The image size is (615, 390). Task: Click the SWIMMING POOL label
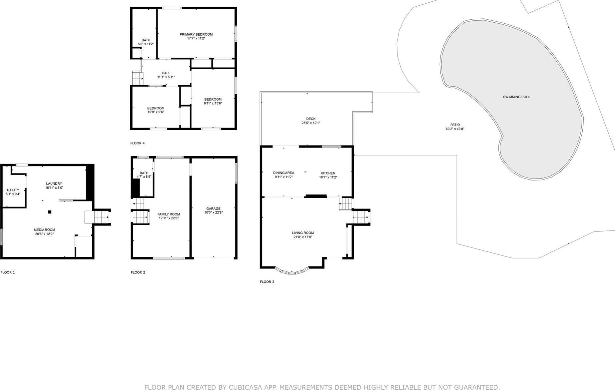516,97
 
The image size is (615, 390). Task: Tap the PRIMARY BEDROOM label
196,34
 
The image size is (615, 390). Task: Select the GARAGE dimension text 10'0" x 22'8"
213,212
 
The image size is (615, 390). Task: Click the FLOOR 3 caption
267,282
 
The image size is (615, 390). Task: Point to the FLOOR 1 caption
8,272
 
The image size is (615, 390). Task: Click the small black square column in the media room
50,212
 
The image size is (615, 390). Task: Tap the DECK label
310,119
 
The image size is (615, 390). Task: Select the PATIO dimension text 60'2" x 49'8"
455,129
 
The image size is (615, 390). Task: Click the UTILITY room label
13,190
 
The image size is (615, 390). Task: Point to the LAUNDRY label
54,184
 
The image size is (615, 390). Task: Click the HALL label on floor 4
166,73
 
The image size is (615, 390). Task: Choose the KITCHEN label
328,173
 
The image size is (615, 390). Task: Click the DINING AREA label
284,173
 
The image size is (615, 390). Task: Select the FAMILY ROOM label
169,214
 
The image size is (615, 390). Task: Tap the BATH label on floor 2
144,173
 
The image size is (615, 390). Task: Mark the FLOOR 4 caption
137,143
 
